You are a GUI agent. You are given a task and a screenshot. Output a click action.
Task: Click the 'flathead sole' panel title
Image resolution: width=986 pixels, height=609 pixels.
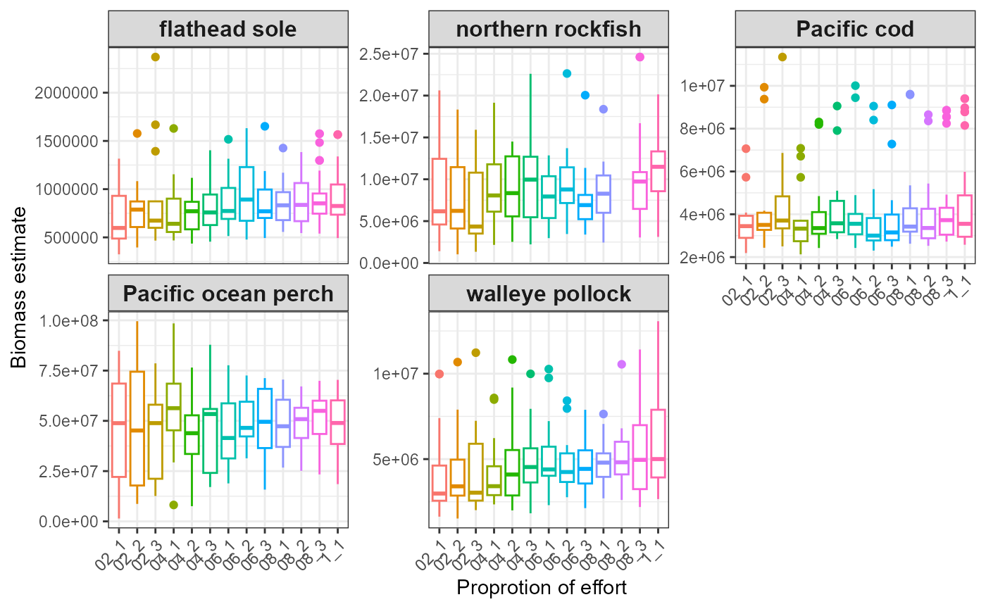(228, 30)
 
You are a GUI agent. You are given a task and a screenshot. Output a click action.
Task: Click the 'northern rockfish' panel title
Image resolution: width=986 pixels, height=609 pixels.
(549, 30)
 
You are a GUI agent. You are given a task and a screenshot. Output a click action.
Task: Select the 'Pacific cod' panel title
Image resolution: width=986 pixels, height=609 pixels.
(855, 30)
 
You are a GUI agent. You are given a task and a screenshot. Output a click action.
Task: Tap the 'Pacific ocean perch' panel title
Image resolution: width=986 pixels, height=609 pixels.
(228, 293)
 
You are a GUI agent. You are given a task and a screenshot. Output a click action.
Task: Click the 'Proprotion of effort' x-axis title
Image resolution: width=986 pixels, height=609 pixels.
(542, 587)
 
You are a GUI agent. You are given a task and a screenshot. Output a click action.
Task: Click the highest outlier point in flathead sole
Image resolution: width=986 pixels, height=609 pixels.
(156, 57)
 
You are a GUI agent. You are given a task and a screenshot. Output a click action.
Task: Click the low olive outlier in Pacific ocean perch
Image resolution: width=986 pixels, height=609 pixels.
(173, 505)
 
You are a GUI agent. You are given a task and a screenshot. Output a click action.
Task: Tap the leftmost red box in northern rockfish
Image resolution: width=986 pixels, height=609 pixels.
(439, 192)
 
